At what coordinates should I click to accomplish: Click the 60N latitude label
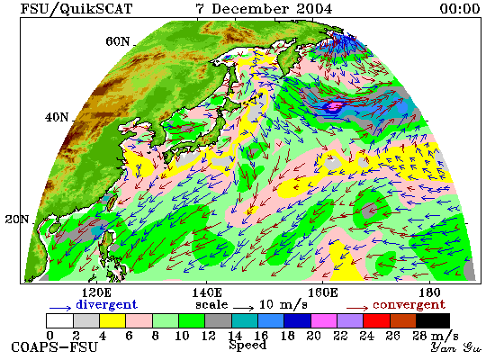click(117, 41)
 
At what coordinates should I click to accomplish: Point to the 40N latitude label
click(57, 118)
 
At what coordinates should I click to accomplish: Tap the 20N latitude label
click(17, 220)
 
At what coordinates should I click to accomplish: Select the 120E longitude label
click(96, 293)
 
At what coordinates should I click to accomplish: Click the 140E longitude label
click(207, 293)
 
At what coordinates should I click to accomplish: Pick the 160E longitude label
click(322, 293)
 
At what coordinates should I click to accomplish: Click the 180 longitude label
click(429, 293)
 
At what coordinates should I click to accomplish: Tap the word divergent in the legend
click(106, 305)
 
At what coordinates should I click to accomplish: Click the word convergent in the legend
click(409, 305)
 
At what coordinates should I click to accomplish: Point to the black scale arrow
click(243, 308)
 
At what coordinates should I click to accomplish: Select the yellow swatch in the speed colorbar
click(112, 320)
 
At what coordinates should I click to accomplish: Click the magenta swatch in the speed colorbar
click(324, 320)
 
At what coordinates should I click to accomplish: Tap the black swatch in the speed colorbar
click(433, 320)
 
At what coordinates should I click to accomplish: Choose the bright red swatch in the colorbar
click(376, 320)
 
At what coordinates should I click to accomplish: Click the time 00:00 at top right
click(460, 8)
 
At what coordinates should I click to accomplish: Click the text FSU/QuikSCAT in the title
click(76, 8)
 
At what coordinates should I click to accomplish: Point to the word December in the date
click(250, 8)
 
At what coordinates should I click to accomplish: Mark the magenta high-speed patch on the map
click(335, 105)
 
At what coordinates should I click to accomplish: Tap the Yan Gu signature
click(456, 347)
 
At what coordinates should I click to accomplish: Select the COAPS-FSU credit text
click(54, 347)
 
